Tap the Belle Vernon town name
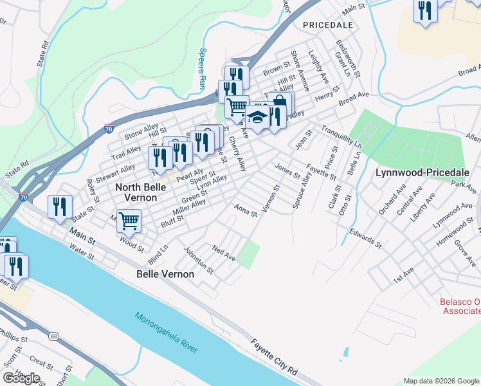[165, 274]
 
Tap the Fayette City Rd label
[274, 356]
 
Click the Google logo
[21, 378]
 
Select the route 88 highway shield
[53, 336]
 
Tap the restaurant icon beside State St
[59, 207]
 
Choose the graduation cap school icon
[258, 118]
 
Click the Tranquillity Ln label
[341, 136]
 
